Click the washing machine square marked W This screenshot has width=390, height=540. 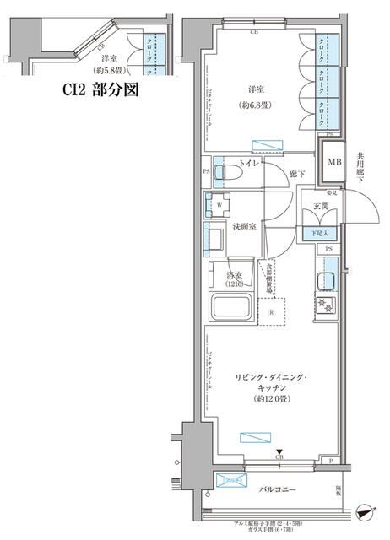coord(219,204)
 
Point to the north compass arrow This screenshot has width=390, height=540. coord(364,510)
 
